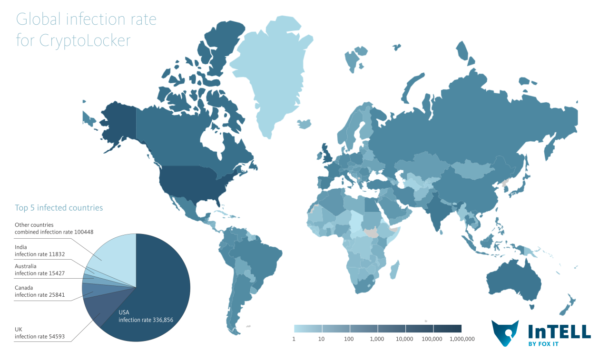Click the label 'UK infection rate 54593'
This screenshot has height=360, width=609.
coord(39,333)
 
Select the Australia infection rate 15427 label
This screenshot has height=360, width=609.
coord(39,270)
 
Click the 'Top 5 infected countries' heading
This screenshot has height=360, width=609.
coord(59,208)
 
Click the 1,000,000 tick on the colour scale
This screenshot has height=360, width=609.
coord(462,339)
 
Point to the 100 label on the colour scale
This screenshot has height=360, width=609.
coord(349,339)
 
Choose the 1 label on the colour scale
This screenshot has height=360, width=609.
coord(294,339)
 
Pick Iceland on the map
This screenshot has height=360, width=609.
coord(304,124)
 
